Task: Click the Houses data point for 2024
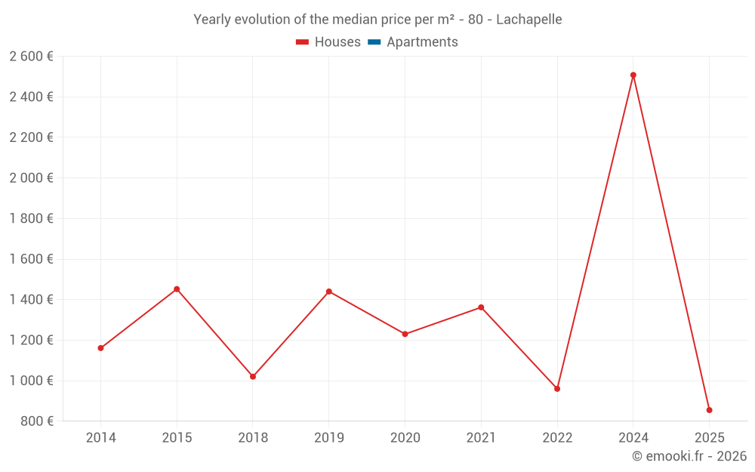tap(633, 75)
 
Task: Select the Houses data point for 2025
tap(709, 410)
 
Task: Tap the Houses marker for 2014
tap(100, 348)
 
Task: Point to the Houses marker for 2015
tap(177, 289)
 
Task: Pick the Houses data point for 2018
tap(253, 376)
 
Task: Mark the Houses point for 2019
tap(328, 292)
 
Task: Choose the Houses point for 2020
tap(405, 334)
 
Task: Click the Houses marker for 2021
tap(481, 307)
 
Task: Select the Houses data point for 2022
tap(557, 389)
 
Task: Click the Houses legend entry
tap(328, 42)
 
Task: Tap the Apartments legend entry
tap(413, 42)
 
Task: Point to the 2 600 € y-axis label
tap(31, 57)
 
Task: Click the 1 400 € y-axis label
tap(31, 300)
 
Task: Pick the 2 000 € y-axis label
tap(31, 178)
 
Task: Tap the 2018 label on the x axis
tap(253, 438)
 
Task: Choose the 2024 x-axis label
tap(633, 438)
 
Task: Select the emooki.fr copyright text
tap(689, 456)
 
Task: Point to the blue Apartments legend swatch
tap(374, 42)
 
